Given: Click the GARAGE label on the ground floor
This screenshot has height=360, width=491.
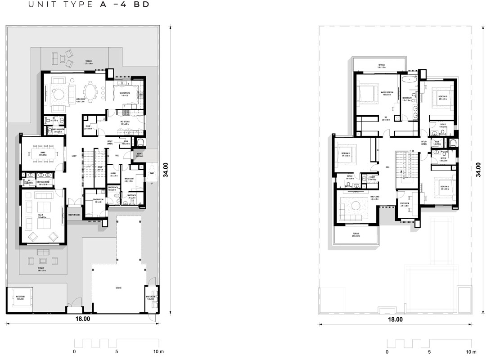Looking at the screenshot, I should pos(118,288).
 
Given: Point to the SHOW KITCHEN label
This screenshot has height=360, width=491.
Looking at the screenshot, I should pos(124,94).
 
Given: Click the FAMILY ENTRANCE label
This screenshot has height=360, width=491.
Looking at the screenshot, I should pos(74,215).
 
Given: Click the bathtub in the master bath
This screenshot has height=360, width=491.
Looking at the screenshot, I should pos(409,81).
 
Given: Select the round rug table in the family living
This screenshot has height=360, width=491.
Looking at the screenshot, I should pos(356,206).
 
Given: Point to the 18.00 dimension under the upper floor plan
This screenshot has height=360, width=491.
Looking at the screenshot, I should pos(395,319).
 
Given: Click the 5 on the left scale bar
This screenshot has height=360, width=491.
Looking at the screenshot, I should pos(117,351).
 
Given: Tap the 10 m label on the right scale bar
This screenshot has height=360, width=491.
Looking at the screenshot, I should pos(471,351).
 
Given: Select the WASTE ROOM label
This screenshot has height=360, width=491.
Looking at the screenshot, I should pos(150,297).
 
